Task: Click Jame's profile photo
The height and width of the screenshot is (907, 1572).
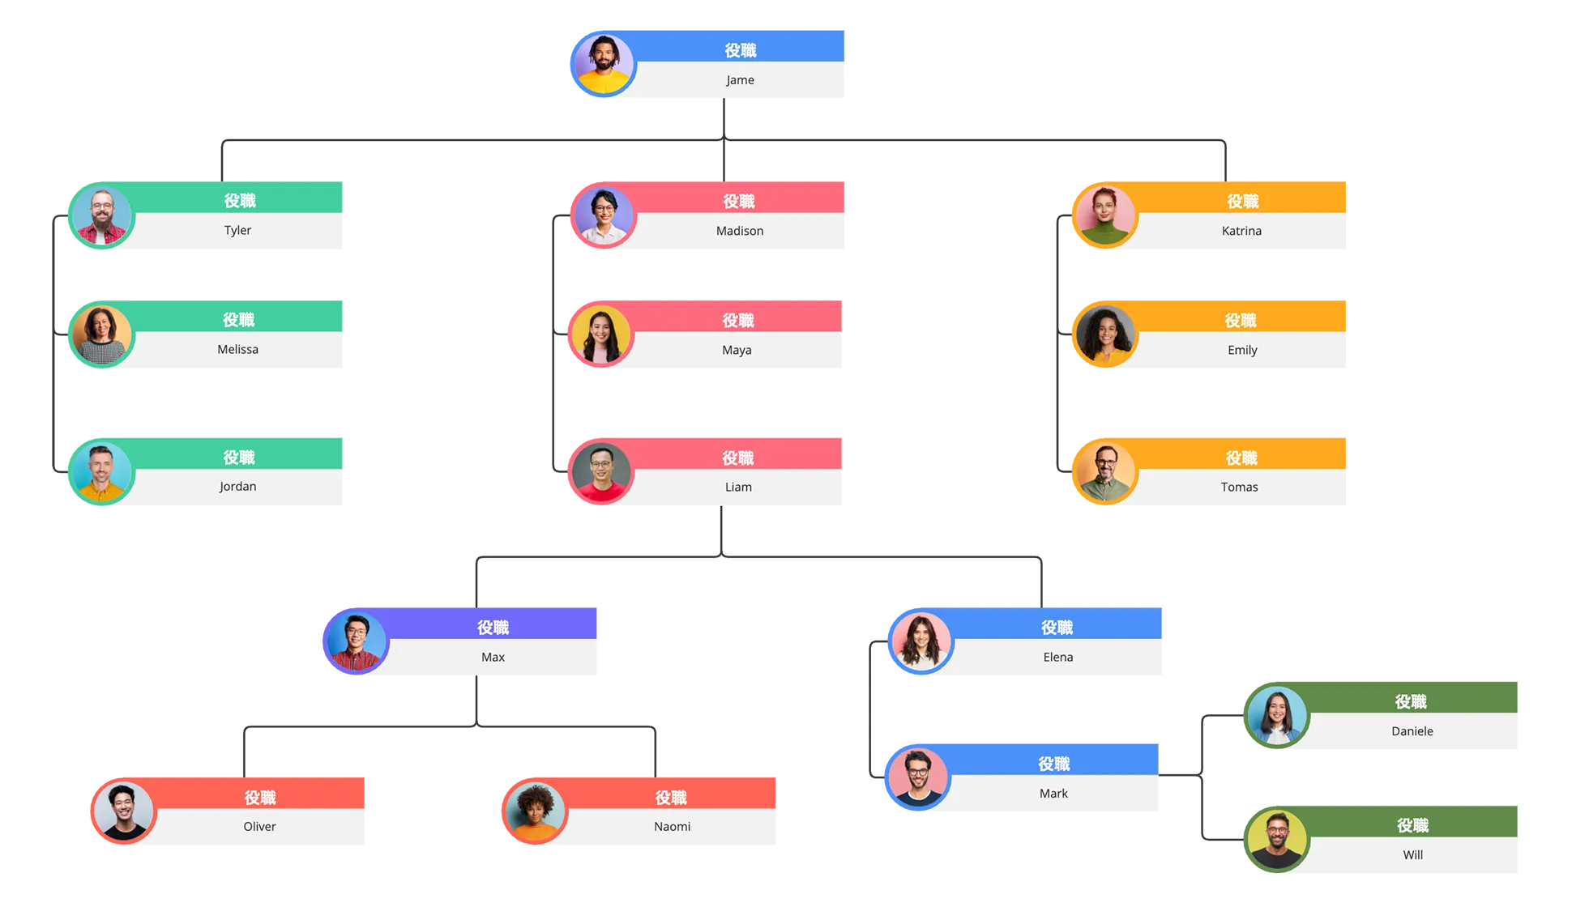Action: (604, 64)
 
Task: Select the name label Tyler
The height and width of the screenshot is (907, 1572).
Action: (237, 230)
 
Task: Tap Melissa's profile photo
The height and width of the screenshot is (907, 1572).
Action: (102, 334)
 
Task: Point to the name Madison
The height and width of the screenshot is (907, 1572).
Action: (740, 231)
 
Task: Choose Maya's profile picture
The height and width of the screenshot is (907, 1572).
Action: (601, 334)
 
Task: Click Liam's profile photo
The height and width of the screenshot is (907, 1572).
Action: (601, 471)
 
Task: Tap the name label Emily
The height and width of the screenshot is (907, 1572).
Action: (1242, 350)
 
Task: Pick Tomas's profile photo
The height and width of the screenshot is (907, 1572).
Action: (1105, 471)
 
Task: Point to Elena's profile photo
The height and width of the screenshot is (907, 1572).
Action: (921, 641)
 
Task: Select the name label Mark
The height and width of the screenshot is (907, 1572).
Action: (1053, 794)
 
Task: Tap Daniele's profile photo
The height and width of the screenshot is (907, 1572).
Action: (1277, 715)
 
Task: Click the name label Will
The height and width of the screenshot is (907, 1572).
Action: (1413, 855)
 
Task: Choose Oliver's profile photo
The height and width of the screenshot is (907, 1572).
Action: (124, 811)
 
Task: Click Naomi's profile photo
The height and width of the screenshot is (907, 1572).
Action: (535, 811)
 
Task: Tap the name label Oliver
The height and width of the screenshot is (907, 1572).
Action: (260, 827)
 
